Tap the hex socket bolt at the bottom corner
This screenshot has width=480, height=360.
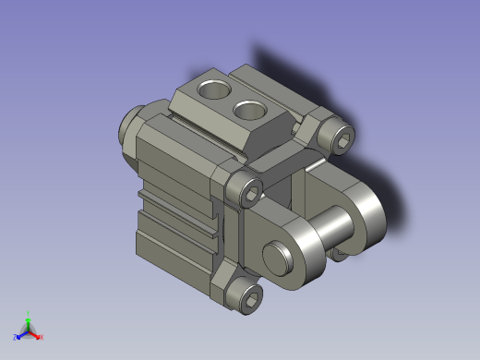click(x=247, y=295)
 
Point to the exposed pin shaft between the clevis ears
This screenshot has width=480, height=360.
click(x=330, y=224)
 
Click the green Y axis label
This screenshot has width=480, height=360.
click(x=30, y=313)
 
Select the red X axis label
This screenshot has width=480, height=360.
click(x=42, y=338)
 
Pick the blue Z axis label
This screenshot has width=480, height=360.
click(x=16, y=338)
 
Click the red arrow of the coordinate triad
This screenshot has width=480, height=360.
click(x=35, y=333)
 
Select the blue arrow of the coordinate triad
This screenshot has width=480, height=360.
click(x=21, y=333)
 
